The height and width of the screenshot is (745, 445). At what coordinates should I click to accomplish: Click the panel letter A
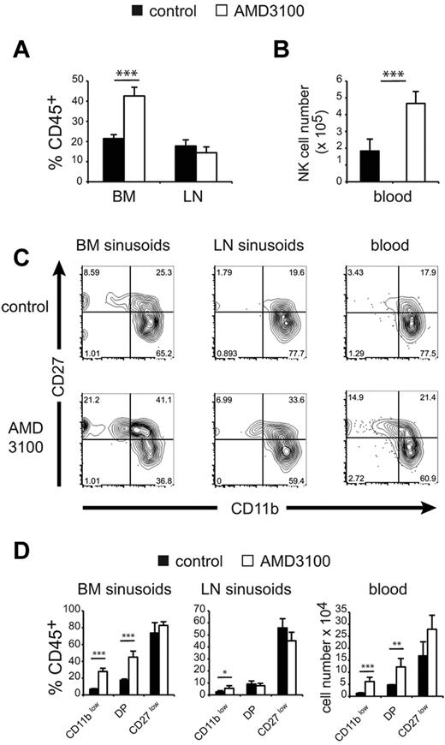coord(25,52)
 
